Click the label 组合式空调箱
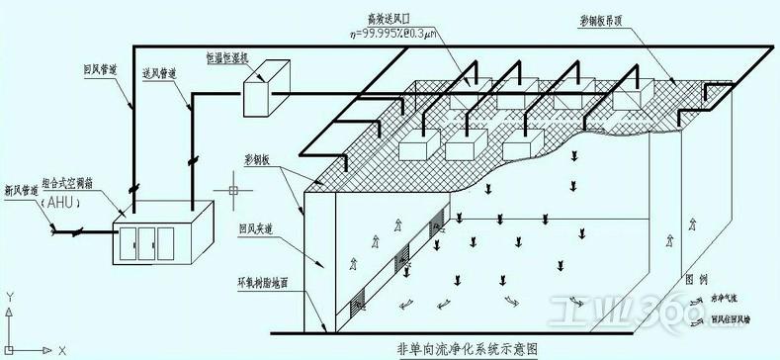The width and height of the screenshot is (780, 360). (x=96, y=186)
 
